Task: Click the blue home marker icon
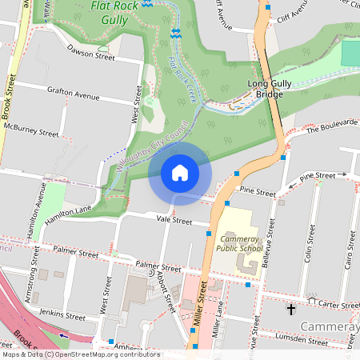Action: [180, 173]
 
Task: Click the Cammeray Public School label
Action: [239, 243]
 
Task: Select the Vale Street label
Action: [174, 219]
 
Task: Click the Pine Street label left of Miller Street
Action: [257, 193]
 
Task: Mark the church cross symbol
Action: [290, 308]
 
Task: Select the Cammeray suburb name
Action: [329, 326]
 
